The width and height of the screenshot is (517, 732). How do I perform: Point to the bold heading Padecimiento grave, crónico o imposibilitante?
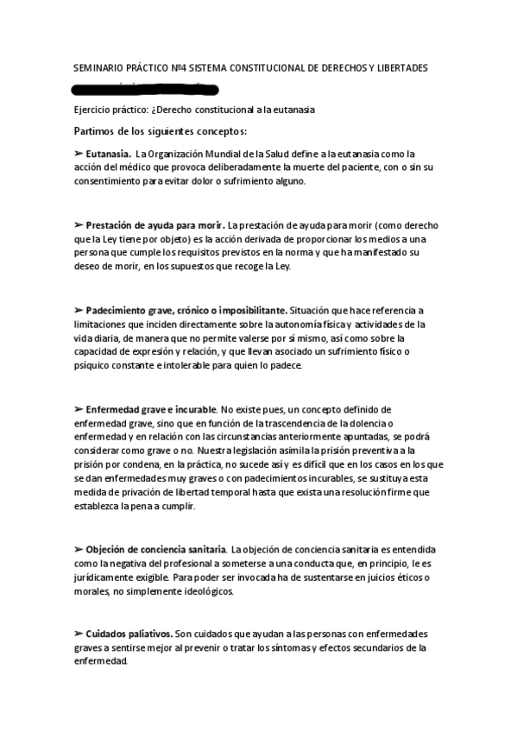point(186,310)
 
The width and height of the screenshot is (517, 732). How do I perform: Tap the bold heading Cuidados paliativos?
point(129,634)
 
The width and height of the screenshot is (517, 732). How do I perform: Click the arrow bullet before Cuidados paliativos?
point(79,634)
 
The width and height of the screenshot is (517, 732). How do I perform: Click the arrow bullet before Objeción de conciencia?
point(79,549)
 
